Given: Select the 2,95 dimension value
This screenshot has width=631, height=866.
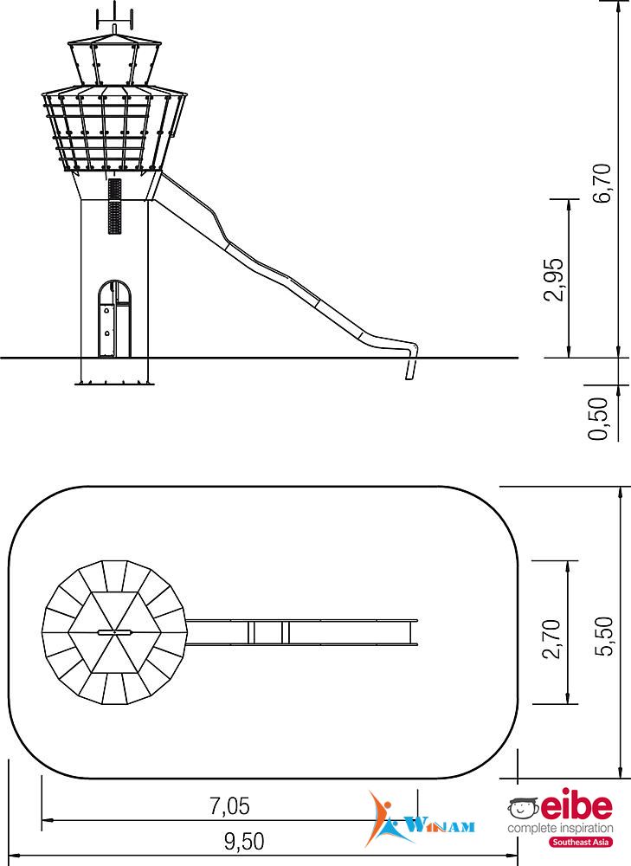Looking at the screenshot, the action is [x=554, y=280].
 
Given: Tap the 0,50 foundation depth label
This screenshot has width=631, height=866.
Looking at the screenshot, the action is [x=598, y=418].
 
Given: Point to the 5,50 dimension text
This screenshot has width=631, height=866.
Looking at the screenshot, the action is [x=602, y=637].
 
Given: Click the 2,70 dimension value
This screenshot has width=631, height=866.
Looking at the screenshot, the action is [x=552, y=638].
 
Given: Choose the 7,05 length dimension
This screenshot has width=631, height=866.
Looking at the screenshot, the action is [x=229, y=805].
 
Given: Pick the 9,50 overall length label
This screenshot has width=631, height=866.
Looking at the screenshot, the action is [x=244, y=841].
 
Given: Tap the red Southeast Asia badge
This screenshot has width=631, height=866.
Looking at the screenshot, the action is [x=580, y=843].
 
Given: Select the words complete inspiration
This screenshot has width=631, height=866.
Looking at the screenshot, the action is [x=560, y=829].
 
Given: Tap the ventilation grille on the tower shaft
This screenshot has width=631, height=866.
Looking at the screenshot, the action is [x=114, y=206].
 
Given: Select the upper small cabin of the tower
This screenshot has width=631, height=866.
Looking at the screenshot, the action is [x=115, y=60].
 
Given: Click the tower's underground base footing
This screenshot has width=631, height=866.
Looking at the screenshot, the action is [x=114, y=372].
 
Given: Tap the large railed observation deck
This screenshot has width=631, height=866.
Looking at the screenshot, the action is [x=115, y=130].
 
